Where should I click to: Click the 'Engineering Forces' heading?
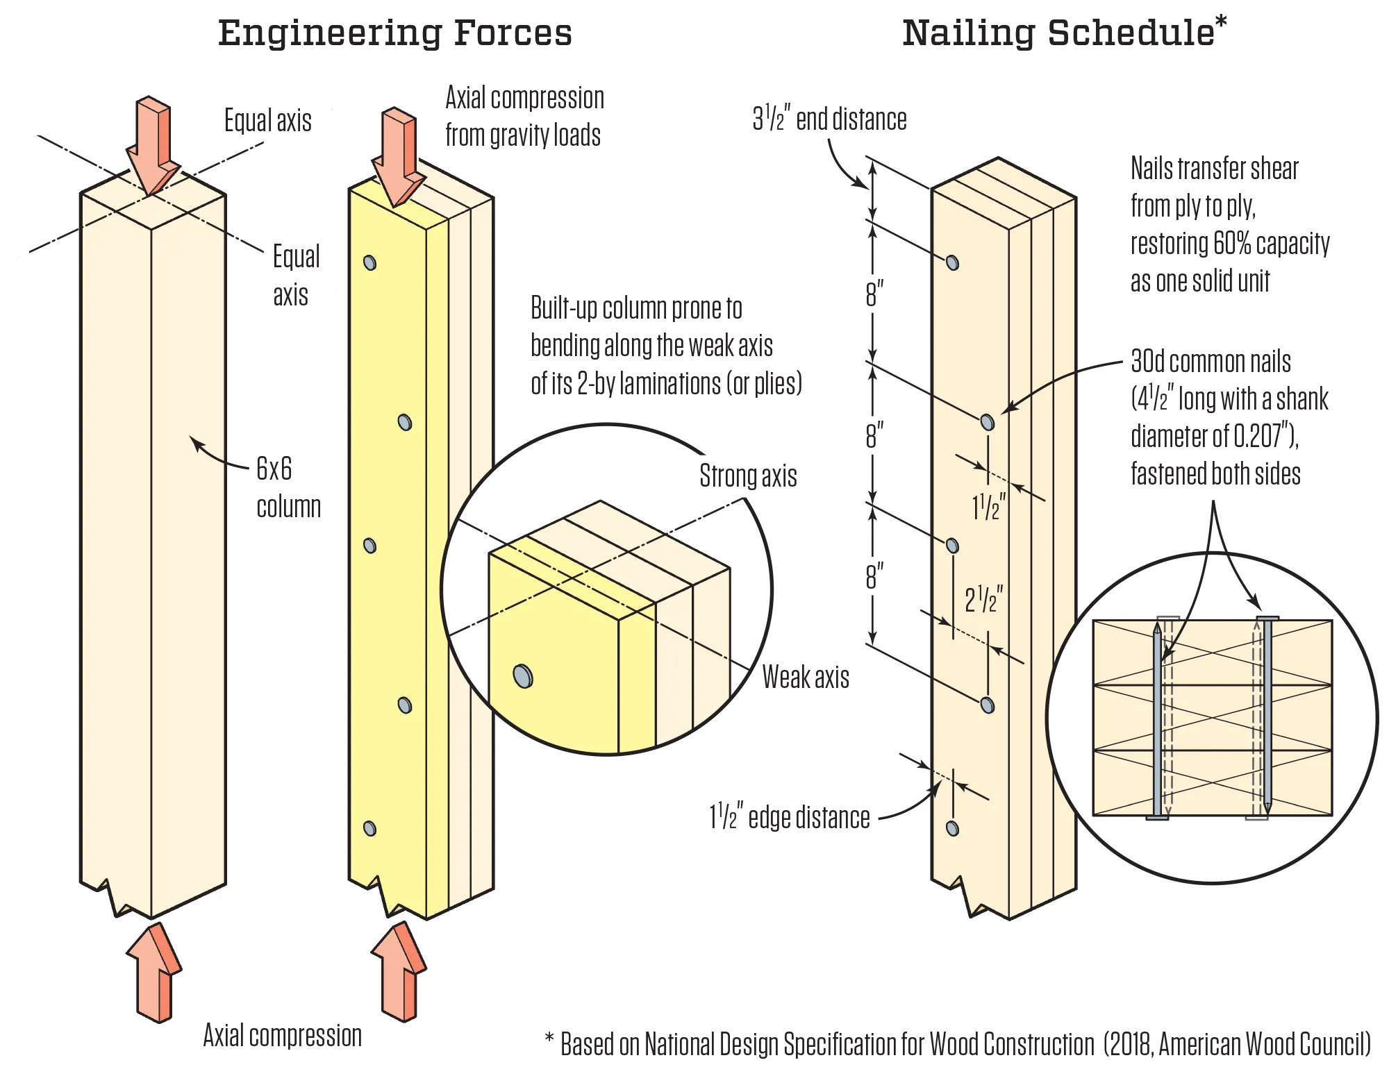(x=394, y=33)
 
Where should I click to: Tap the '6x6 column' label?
(x=288, y=487)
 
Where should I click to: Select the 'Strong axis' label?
(x=748, y=476)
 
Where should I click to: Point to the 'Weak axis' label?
(x=806, y=677)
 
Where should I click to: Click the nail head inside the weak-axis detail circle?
(x=522, y=675)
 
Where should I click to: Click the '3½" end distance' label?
(x=829, y=119)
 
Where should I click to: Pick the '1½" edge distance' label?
(x=789, y=818)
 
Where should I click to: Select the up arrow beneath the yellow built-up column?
(x=399, y=972)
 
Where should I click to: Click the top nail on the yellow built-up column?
(x=370, y=262)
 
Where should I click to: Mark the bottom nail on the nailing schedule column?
(x=953, y=828)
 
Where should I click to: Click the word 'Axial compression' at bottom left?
(x=282, y=1036)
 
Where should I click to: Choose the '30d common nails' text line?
(x=1211, y=362)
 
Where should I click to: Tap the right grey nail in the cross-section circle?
(x=1267, y=715)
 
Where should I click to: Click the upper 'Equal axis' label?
(x=267, y=121)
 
